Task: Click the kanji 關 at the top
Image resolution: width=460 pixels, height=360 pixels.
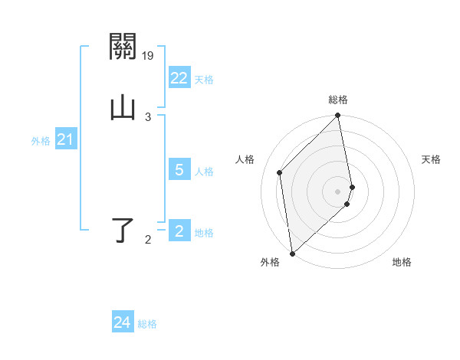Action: [123, 49]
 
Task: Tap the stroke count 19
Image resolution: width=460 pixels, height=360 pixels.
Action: [148, 55]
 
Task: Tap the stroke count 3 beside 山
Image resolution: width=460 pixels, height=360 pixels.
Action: [148, 116]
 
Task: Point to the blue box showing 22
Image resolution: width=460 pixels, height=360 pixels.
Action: [179, 78]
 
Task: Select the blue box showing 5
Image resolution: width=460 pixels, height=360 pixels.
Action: [179, 170]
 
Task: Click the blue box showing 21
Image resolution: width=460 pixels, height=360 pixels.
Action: [65, 139]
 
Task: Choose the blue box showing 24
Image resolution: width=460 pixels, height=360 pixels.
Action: [122, 322]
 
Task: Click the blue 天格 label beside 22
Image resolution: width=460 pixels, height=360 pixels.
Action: [204, 80]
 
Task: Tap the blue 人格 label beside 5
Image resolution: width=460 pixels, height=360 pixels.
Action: [204, 172]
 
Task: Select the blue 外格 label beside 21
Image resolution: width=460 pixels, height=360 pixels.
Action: [41, 141]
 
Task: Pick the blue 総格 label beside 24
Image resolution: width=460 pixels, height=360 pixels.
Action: [147, 324]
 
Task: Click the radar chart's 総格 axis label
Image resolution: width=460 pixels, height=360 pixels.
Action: [338, 100]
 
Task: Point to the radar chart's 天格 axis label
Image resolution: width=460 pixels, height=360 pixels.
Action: [432, 159]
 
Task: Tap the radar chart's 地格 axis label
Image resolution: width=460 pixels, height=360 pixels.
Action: [402, 263]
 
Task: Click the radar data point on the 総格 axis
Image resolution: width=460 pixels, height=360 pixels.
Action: [338, 116]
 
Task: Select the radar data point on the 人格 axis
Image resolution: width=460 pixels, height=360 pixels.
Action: [280, 172]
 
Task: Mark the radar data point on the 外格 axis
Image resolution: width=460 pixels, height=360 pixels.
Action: [292, 253]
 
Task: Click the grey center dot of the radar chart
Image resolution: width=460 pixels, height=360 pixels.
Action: [338, 191]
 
